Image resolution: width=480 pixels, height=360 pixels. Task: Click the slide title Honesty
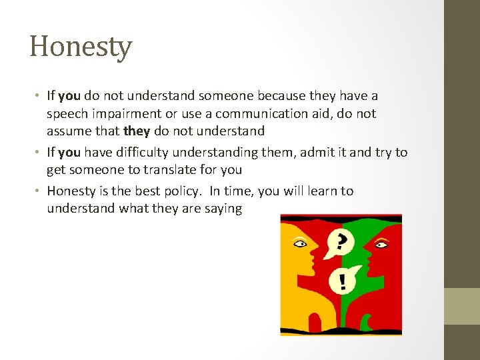tap(81, 47)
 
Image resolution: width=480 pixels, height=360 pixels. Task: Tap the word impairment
tap(124, 114)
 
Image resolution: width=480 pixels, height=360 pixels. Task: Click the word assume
tap(68, 131)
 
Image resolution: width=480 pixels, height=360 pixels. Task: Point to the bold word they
tap(137, 131)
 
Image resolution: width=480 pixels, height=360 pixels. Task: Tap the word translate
tap(163, 169)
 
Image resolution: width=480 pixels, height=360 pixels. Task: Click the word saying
tap(225, 208)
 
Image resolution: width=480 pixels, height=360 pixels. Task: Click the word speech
tap(66, 114)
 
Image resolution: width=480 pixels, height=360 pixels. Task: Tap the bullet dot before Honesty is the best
tap(39, 191)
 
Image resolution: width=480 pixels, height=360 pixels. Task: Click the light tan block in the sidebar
tap(461, 306)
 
